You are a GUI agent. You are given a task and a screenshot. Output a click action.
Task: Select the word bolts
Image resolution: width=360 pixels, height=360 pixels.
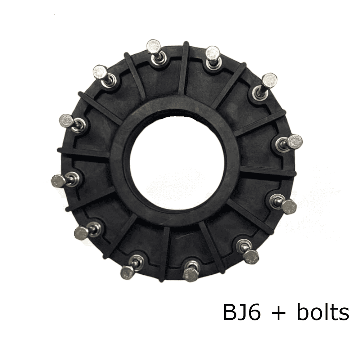[323, 312]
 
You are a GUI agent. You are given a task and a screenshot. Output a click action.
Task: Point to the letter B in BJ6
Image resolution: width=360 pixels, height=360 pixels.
[230, 312]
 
